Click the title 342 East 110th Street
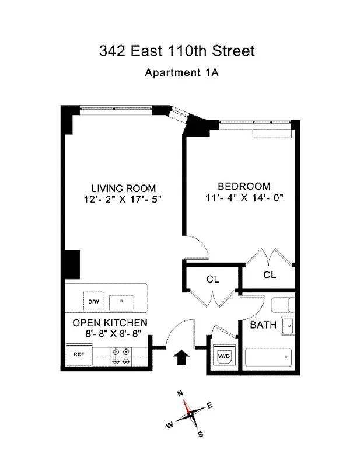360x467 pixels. (x=177, y=51)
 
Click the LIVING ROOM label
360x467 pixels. (x=124, y=188)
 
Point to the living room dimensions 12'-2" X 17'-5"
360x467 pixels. (x=121, y=199)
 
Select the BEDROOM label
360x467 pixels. (x=244, y=186)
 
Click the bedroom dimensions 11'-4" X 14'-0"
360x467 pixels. (x=244, y=197)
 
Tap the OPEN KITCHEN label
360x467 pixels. (x=110, y=323)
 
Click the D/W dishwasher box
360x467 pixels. (x=93, y=301)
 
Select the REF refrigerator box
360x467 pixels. (x=79, y=354)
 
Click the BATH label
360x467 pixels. (x=264, y=325)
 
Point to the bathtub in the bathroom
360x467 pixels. (x=268, y=356)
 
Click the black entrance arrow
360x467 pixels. (x=181, y=357)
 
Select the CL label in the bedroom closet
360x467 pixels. (x=270, y=274)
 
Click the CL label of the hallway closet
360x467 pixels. (x=213, y=280)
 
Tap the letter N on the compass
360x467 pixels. (x=181, y=393)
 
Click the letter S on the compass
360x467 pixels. (x=200, y=434)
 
